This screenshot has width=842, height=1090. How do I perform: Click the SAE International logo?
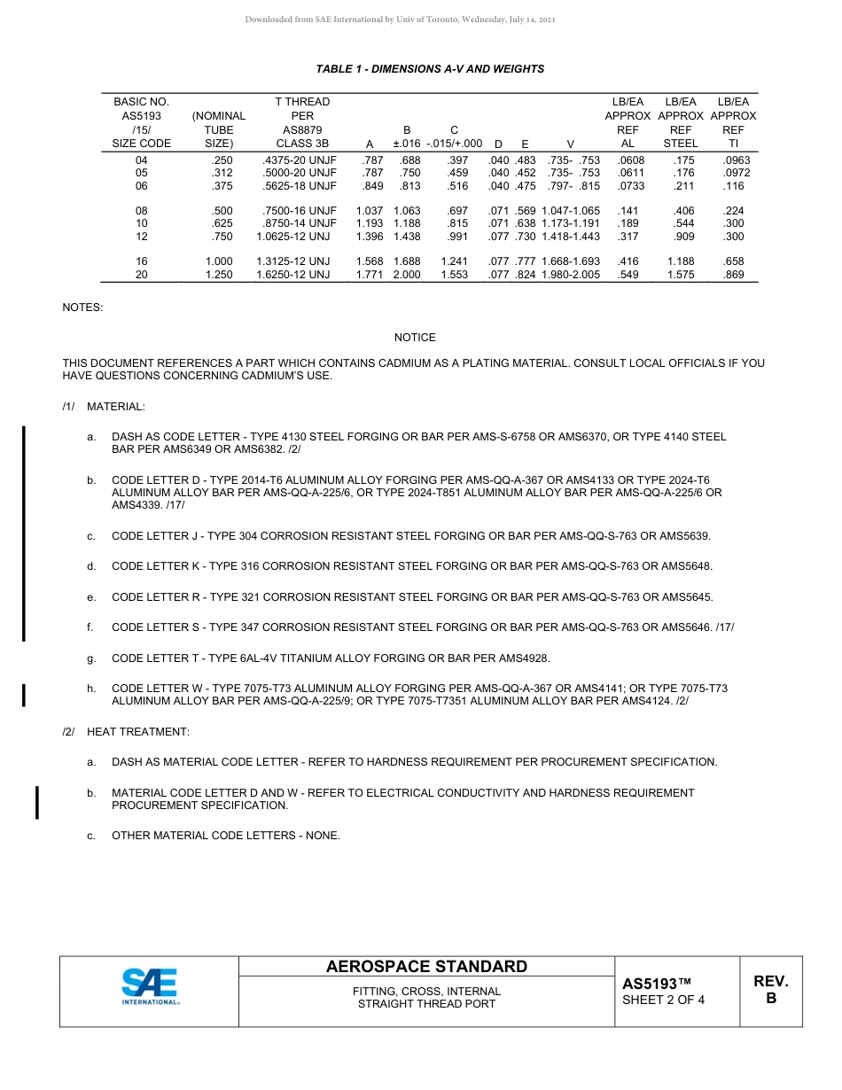click(150, 987)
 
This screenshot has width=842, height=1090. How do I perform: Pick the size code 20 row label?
click(141, 275)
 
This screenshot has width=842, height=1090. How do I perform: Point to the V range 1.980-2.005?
click(570, 275)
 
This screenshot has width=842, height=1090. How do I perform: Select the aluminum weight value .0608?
click(629, 160)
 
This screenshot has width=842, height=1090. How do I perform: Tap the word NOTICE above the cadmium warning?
click(415, 338)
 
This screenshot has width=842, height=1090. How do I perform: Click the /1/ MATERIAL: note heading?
click(104, 407)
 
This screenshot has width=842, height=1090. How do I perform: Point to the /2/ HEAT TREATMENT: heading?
click(126, 732)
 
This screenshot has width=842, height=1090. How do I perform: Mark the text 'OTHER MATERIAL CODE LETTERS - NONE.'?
click(225, 836)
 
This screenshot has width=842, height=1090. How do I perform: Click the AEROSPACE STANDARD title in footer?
click(426, 967)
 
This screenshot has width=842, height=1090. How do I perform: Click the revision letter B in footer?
click(770, 998)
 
